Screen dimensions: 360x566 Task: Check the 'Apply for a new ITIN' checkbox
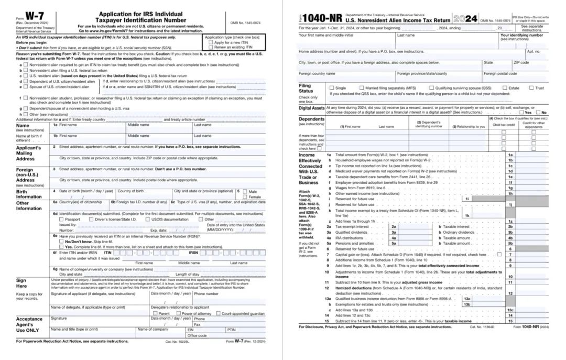(211, 42)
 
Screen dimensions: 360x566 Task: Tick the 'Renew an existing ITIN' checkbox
(211, 47)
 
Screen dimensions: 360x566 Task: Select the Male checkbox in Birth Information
(244, 191)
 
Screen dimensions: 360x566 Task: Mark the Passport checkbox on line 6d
(62, 219)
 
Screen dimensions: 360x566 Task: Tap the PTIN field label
(231, 329)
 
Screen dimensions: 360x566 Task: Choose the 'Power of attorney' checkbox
(178, 313)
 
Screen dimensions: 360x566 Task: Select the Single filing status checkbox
(331, 88)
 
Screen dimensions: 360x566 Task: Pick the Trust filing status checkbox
(531, 88)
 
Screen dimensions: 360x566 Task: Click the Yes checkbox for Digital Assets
(521, 112)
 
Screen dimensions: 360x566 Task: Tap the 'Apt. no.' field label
(533, 51)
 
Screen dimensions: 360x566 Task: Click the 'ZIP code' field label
(521, 62)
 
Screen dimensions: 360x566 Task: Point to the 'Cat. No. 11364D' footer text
(480, 326)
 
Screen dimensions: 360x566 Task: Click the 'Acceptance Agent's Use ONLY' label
(29, 324)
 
